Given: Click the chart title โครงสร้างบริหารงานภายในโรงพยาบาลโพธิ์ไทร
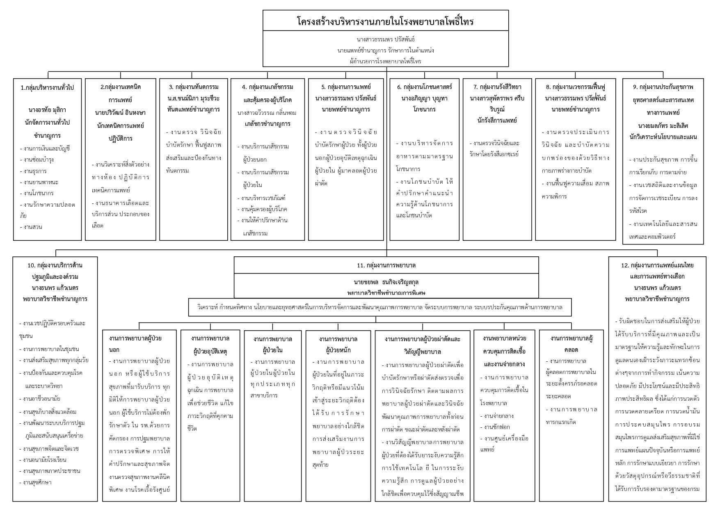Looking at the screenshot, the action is point(385,21).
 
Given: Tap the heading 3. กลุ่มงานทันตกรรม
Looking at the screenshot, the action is point(194,87).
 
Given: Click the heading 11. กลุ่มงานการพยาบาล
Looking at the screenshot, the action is point(386,265).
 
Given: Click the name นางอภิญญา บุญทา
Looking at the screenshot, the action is point(424,98).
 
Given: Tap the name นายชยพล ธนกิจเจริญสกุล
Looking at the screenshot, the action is point(386,282).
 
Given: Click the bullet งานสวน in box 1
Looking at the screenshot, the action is point(31,227).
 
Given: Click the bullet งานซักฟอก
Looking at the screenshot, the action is point(497,427).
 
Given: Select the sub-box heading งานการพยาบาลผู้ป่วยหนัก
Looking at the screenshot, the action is point(338,345).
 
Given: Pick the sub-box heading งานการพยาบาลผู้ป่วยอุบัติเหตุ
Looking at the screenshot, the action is point(210,345).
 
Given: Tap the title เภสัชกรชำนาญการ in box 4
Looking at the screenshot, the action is point(267,124).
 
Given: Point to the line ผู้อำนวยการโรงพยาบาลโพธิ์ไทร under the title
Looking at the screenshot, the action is point(385,62).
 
